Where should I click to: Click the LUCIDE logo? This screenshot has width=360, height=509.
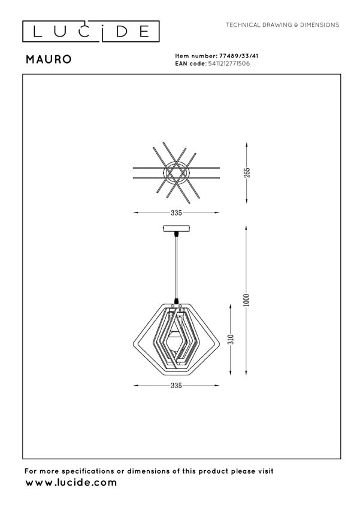90,31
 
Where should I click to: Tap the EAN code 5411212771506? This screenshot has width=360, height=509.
229,62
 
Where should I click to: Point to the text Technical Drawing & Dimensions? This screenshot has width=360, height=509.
282,25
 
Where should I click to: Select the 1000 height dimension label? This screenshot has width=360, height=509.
246,299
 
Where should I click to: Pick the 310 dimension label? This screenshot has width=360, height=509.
229,340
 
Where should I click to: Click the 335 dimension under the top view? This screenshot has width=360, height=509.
176,213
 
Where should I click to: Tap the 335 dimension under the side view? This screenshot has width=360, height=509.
176,386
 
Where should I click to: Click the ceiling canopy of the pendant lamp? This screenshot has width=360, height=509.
176,228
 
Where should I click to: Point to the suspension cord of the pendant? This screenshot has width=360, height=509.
176,263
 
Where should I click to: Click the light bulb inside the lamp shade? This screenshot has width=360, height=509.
176,342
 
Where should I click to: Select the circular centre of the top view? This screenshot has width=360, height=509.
176,172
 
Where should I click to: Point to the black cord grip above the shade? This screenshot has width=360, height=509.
176,301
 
